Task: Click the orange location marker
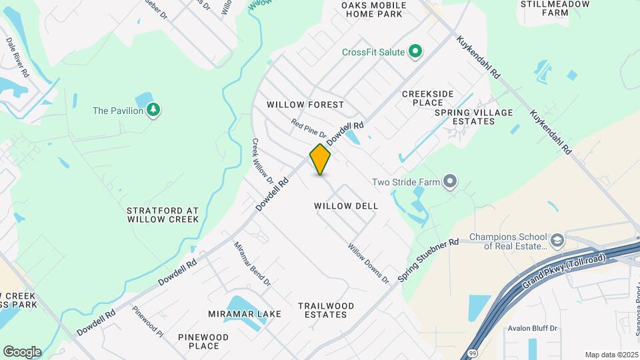pyautogui.click(x=320, y=159)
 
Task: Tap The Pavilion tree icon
pyautogui.click(x=154, y=110)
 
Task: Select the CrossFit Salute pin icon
pyautogui.click(x=415, y=52)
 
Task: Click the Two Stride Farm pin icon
pyautogui.click(x=451, y=181)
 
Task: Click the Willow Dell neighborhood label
pyautogui.click(x=346, y=206)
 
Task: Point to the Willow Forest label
pyautogui.click(x=305, y=105)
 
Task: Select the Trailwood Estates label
pyautogui.click(x=326, y=310)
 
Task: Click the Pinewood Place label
pyautogui.click(x=203, y=341)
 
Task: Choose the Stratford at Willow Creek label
pyautogui.click(x=163, y=214)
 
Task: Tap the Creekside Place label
pyautogui.click(x=432, y=98)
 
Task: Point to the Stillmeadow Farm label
pyautogui.click(x=546, y=8)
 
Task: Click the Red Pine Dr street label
pyautogui.click(x=309, y=129)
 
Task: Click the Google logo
pyautogui.click(x=22, y=352)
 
